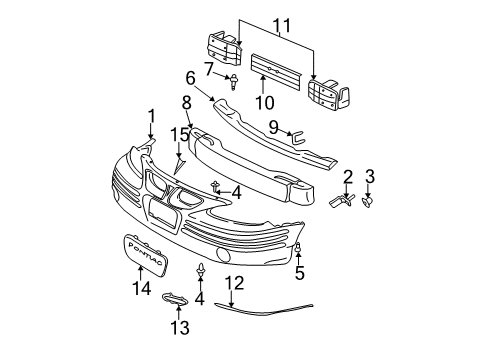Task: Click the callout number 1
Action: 152,115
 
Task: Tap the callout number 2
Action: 349,177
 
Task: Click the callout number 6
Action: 190,77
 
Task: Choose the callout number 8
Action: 186,102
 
